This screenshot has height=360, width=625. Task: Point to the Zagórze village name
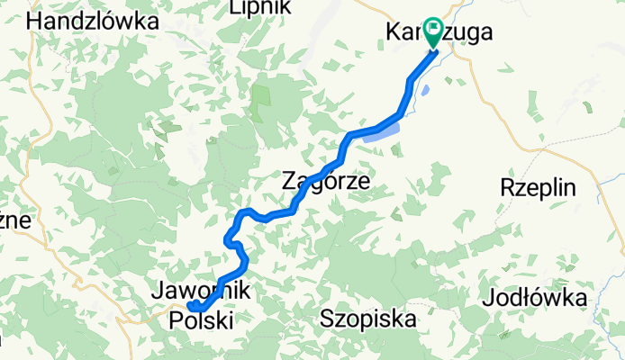click(326, 180)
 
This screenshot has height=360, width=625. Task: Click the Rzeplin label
click(538, 188)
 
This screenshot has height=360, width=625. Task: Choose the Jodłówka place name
click(535, 298)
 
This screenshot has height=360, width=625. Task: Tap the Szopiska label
click(368, 319)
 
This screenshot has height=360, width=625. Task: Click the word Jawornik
click(201, 290)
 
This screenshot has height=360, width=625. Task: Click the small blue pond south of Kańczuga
click(424, 90)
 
